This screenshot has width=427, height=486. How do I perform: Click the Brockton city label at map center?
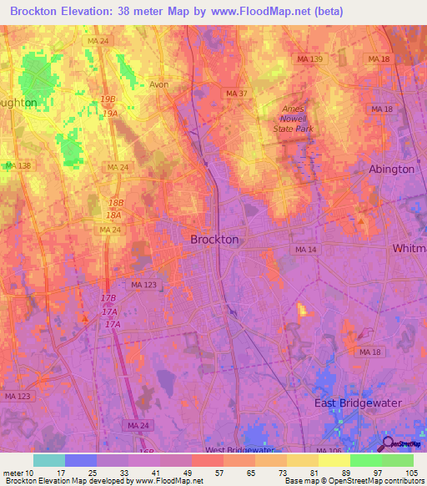(x=214, y=239)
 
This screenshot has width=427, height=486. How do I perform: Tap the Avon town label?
(x=159, y=84)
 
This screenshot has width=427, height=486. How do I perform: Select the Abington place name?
(x=391, y=169)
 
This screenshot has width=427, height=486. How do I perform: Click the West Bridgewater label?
(x=239, y=450)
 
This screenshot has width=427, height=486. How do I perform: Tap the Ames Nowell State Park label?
(x=294, y=119)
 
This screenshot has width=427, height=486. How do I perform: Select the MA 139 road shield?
(x=309, y=58)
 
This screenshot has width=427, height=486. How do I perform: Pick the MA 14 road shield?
(x=304, y=250)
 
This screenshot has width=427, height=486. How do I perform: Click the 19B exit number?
(x=108, y=99)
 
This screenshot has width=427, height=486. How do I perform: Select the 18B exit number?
(x=116, y=204)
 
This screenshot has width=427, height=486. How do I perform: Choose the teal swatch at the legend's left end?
(x=49, y=460)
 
